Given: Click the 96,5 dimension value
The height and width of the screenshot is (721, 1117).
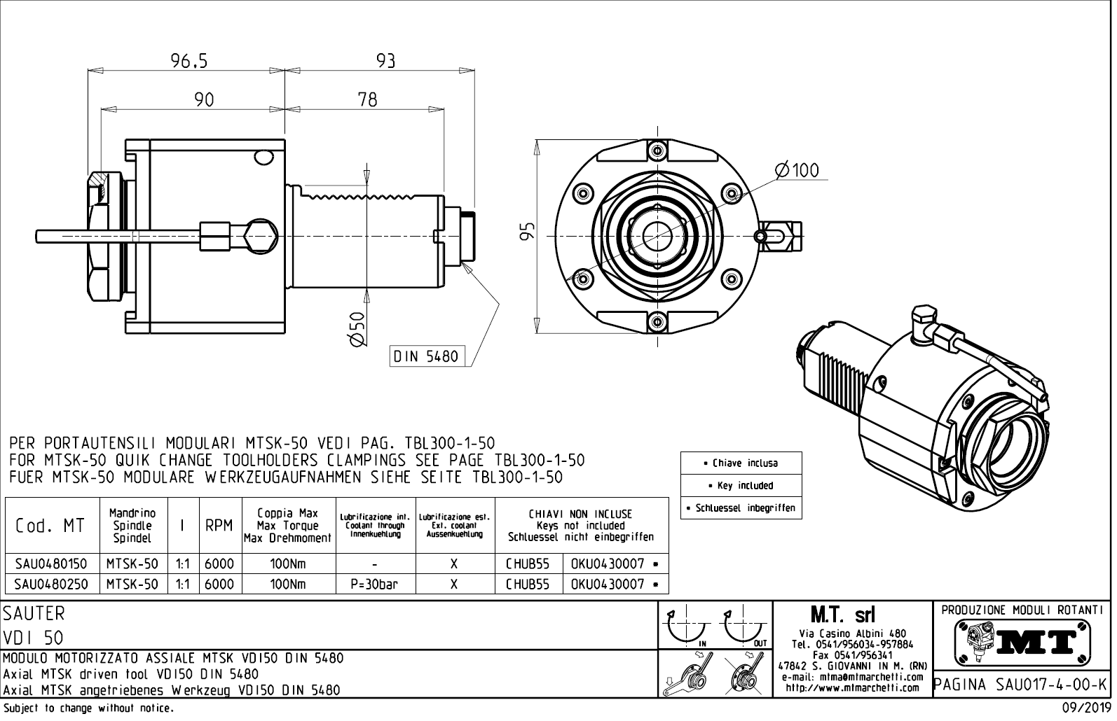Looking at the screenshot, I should click(x=190, y=62).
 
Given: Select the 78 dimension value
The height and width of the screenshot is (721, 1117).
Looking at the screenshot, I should click(x=367, y=100).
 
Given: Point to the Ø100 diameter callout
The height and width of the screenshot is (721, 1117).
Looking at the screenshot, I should click(x=797, y=170).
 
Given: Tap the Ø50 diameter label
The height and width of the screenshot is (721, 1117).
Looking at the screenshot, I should click(x=357, y=328).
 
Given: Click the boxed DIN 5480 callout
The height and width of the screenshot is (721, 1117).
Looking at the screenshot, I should click(x=426, y=356).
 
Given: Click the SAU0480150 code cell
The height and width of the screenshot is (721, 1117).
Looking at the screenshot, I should click(x=51, y=563).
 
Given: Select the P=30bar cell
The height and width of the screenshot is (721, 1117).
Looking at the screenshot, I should click(x=375, y=584).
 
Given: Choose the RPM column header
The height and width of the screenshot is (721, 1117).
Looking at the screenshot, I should click(x=219, y=526).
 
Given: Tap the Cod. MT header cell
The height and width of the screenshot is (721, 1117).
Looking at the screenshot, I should click(x=50, y=526).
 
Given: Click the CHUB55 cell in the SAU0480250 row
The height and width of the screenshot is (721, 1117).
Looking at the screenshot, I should click(x=528, y=584).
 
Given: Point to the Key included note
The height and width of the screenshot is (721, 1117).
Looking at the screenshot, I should click(x=741, y=485).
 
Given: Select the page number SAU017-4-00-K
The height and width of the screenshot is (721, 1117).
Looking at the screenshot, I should click(x=1022, y=683).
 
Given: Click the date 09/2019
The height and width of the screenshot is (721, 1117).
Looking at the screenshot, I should click(x=1083, y=708).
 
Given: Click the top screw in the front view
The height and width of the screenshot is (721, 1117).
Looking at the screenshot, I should click(x=657, y=149).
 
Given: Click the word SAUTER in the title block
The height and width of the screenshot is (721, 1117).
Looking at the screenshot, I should click(x=34, y=613).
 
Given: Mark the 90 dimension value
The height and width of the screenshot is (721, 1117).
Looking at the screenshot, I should click(x=204, y=100).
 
